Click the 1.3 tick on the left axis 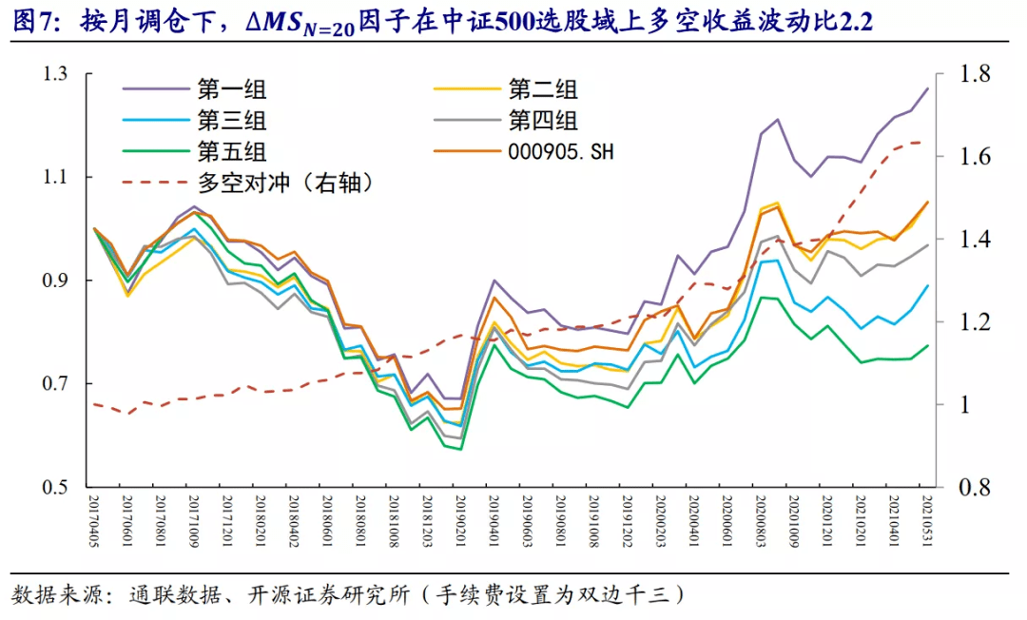click(x=59, y=74)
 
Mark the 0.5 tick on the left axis click(x=59, y=487)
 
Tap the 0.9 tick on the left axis click(x=59, y=281)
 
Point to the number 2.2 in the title click(x=854, y=21)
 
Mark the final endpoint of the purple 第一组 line click(x=927, y=88)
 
